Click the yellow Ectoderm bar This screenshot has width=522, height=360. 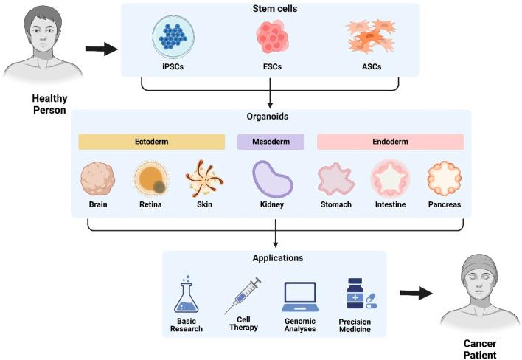point(151,142)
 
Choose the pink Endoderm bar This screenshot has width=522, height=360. point(390,142)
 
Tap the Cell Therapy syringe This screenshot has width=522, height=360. point(243,295)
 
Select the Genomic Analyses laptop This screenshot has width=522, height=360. point(299,297)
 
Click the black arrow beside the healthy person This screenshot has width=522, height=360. point(101,49)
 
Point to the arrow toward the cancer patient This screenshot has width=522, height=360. point(416,294)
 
